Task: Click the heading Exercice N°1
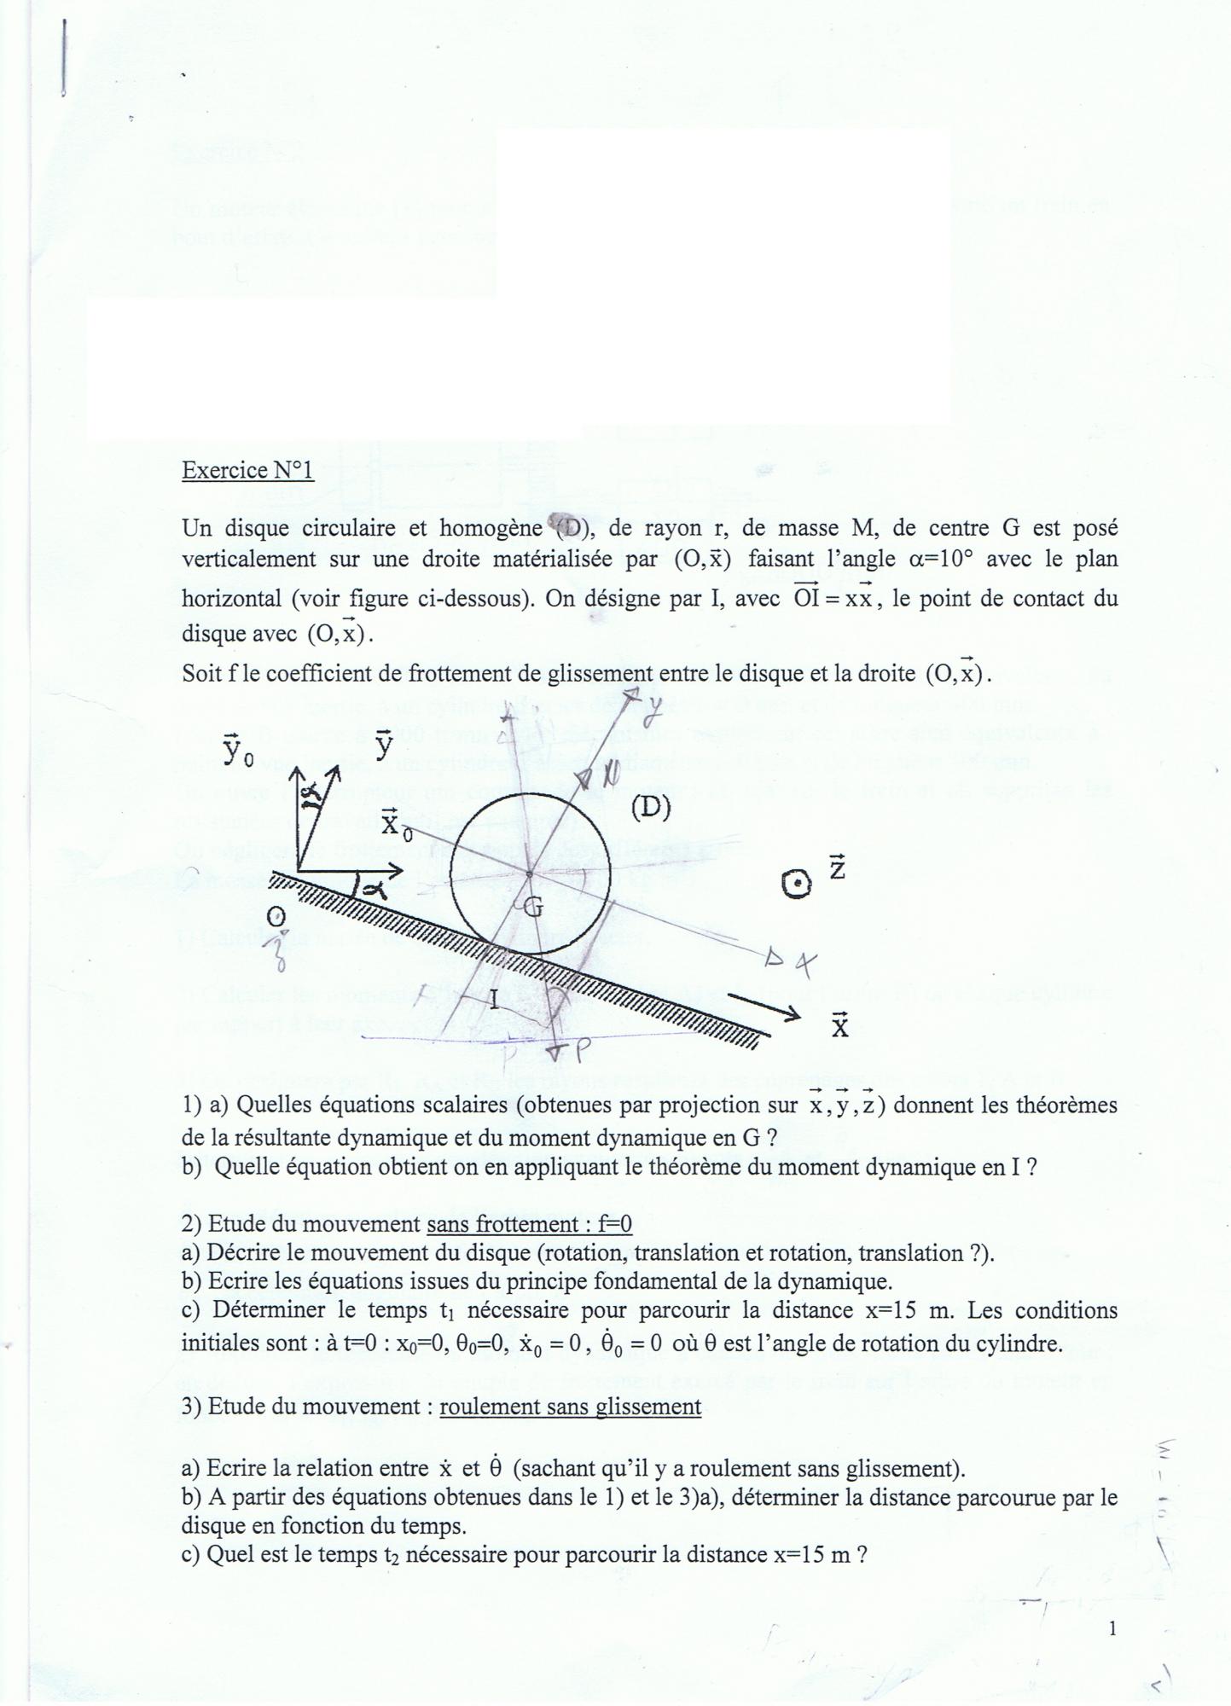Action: tap(247, 470)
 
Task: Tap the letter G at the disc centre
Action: tap(532, 907)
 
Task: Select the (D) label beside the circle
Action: tap(650, 807)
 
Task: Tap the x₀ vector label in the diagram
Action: tap(395, 823)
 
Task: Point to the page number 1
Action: tap(1112, 1628)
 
